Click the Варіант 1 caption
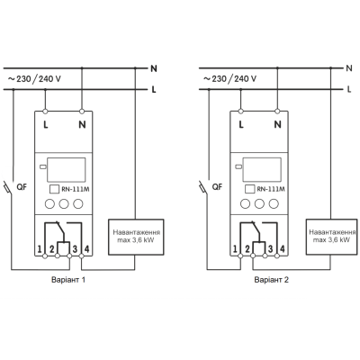click(x=68, y=280)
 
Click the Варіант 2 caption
click(x=272, y=280)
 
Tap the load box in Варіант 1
click(x=136, y=237)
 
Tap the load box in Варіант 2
click(x=332, y=237)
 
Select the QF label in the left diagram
click(x=22, y=187)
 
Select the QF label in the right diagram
click(x=217, y=187)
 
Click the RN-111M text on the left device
click(x=76, y=189)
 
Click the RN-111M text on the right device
click(x=271, y=189)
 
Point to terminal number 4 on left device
click(x=86, y=249)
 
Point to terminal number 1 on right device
click(x=235, y=249)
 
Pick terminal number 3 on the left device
click(x=75, y=249)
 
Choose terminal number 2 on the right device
click(x=247, y=249)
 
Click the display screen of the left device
click(x=67, y=170)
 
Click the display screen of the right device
click(x=262, y=170)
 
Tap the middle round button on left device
click(x=64, y=204)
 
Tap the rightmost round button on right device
click(x=274, y=204)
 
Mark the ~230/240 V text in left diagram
click(x=34, y=79)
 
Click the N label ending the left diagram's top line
click(x=154, y=68)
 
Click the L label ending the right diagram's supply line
click(x=349, y=89)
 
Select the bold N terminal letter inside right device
click(x=278, y=124)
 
